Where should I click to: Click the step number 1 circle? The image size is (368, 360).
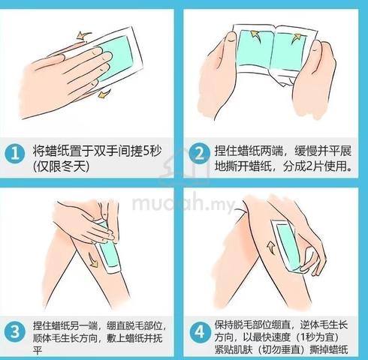point(15,154)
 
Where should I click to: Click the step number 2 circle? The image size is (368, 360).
point(199,154)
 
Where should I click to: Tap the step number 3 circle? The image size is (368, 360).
point(15,332)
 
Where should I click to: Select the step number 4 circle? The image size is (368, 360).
point(199,332)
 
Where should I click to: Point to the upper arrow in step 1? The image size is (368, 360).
point(84,35)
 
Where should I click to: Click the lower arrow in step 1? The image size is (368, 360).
point(104,93)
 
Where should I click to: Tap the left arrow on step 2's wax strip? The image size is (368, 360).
point(255,35)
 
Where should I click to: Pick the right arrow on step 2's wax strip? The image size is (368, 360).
point(296,38)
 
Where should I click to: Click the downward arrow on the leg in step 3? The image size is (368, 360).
point(92,259)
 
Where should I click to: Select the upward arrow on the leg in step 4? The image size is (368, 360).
point(271,247)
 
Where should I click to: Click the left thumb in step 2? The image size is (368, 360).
point(231,40)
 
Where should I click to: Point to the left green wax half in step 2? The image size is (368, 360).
point(255,50)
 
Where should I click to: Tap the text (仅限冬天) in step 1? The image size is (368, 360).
point(61,166)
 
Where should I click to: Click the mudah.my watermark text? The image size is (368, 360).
point(183,203)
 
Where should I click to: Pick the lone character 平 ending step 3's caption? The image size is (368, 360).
point(38,350)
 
